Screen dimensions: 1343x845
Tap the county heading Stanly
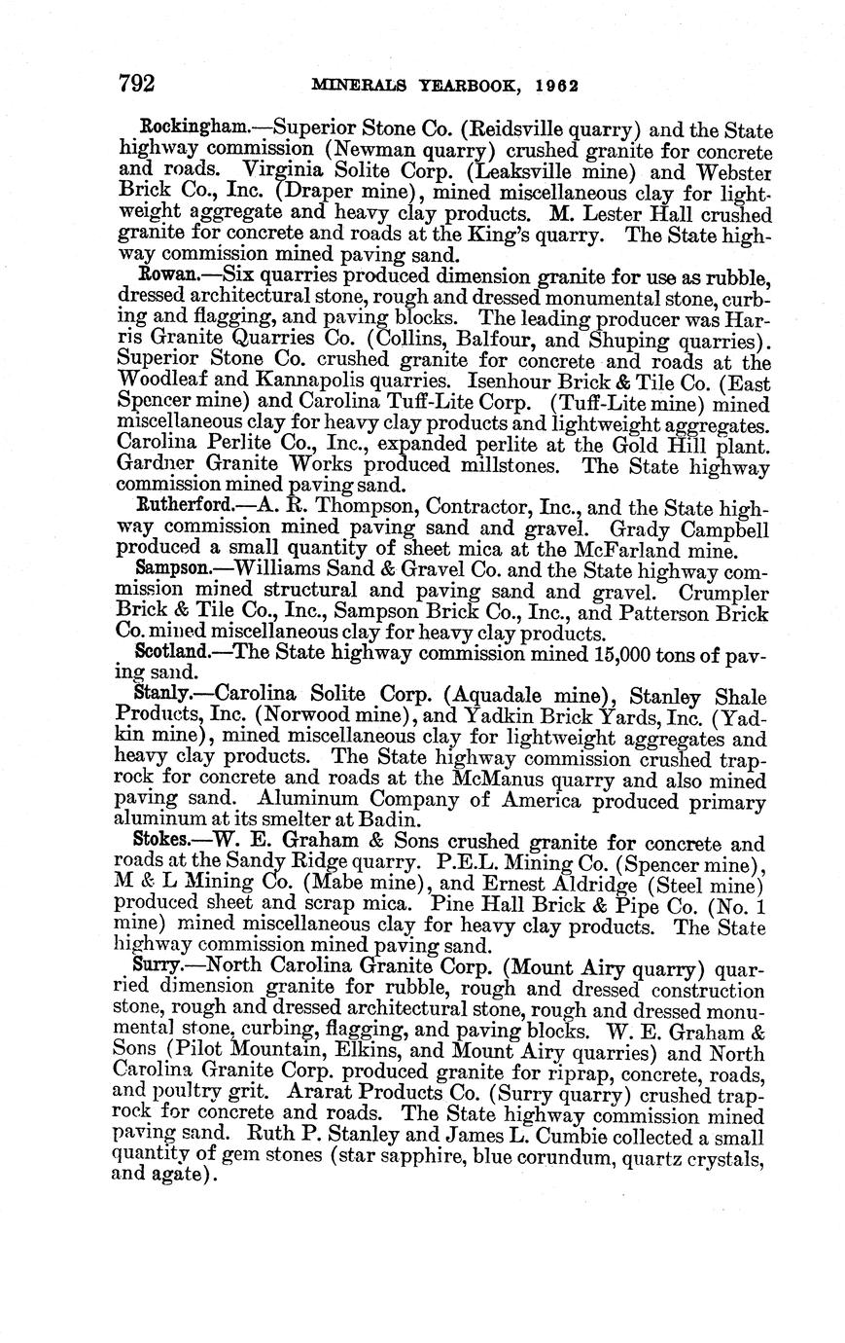point(161,694)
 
